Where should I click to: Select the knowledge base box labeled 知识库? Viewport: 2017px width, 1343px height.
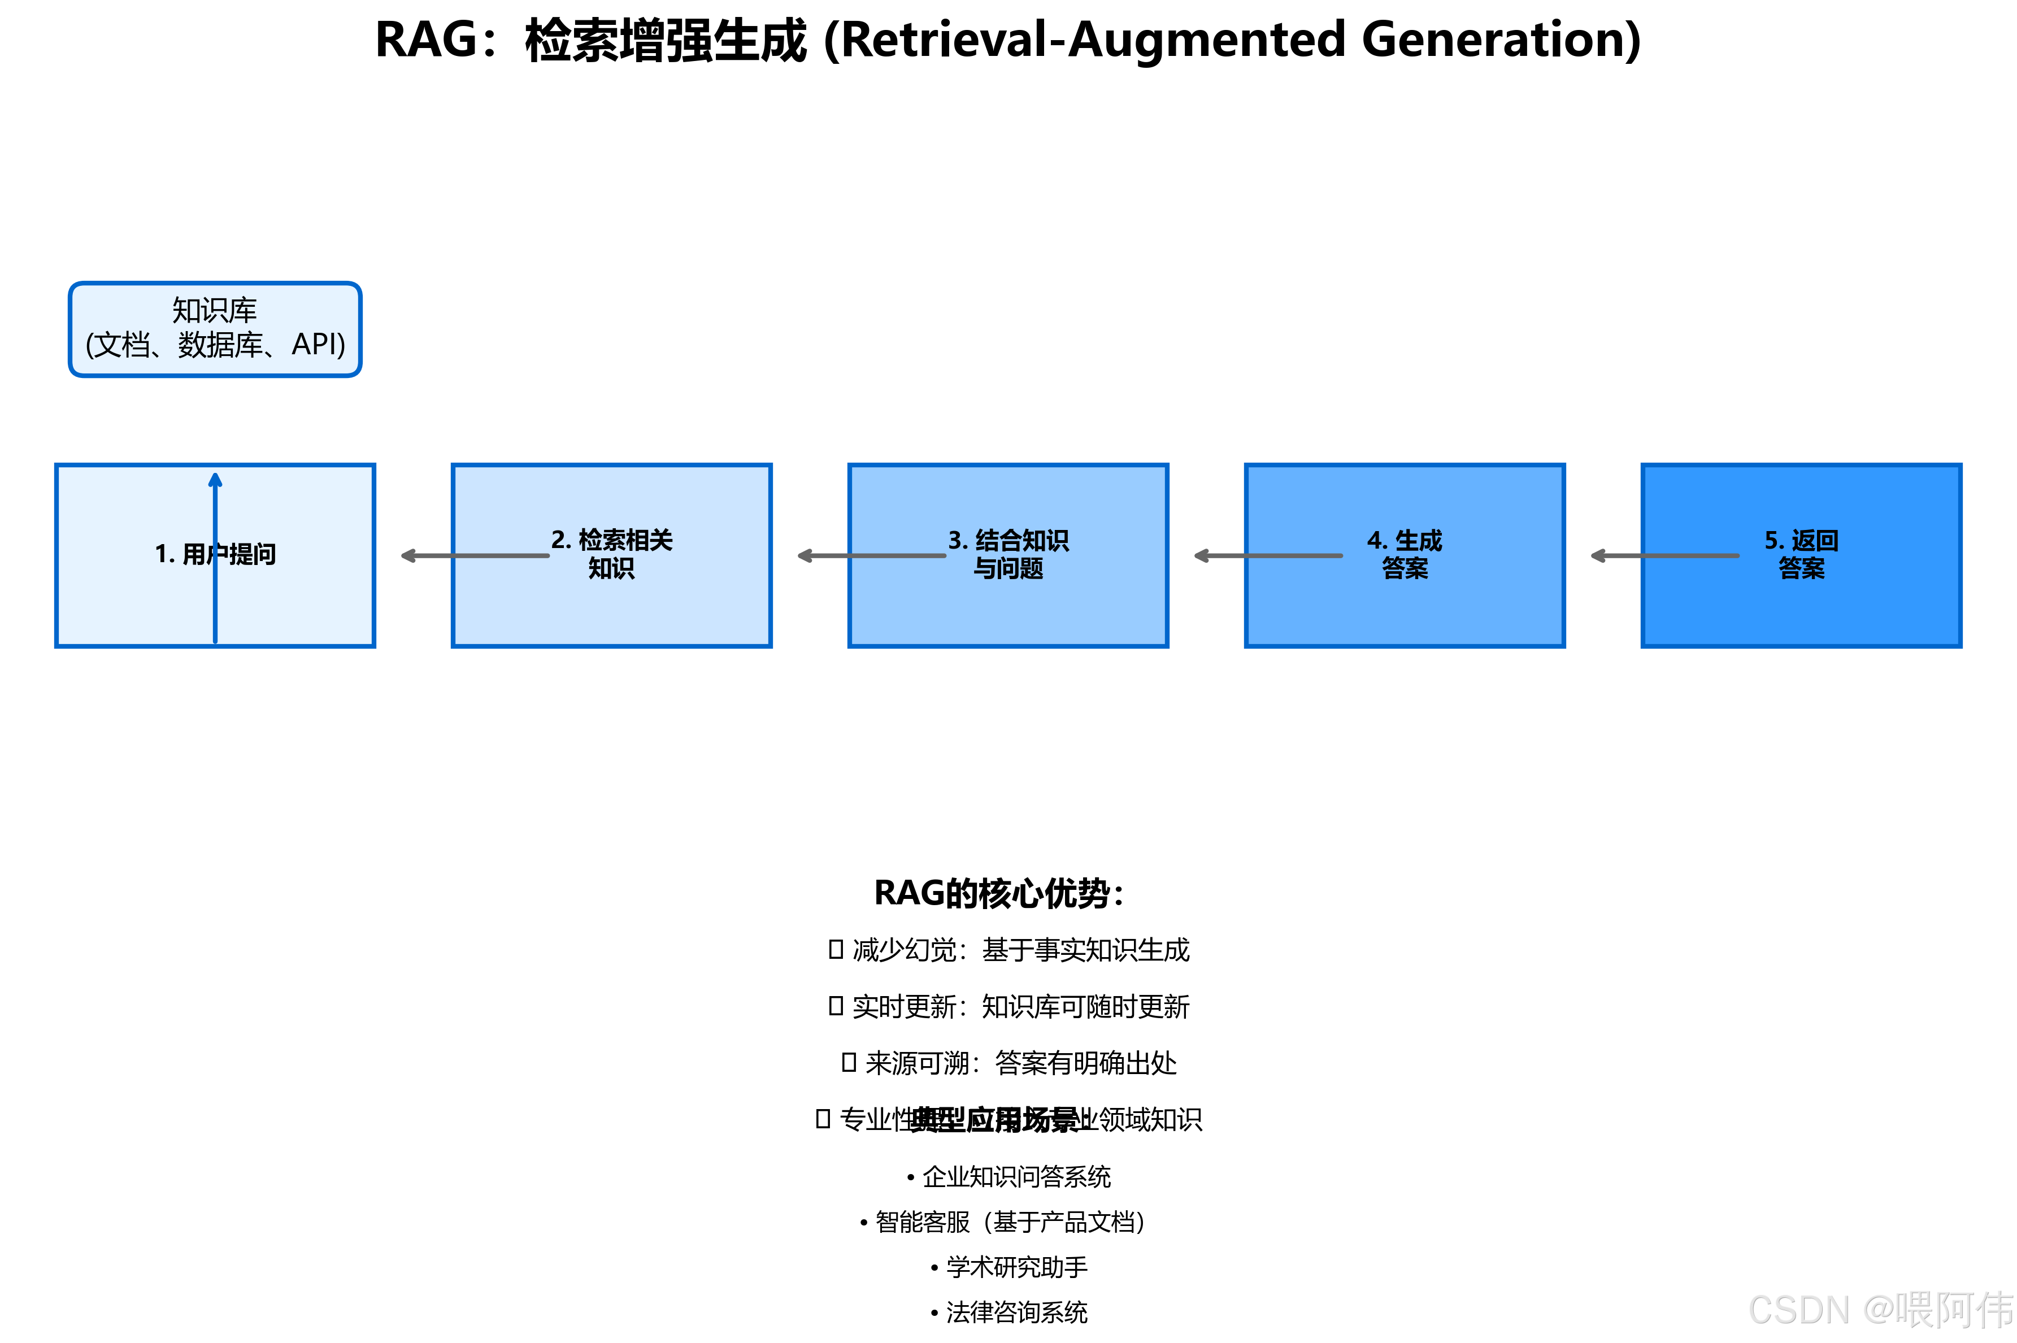(x=214, y=329)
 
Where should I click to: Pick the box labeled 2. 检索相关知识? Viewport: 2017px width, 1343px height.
(x=611, y=599)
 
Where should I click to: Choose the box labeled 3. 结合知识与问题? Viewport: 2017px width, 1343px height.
(x=1008, y=599)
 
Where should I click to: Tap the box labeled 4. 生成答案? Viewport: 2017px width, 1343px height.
(x=1405, y=599)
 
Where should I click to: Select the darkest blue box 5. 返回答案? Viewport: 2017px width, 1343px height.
(x=1801, y=599)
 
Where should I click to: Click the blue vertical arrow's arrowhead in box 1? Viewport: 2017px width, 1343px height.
(x=215, y=480)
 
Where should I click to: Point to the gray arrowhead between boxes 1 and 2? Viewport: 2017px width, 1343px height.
(x=408, y=556)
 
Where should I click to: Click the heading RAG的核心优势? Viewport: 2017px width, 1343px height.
(x=998, y=893)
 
